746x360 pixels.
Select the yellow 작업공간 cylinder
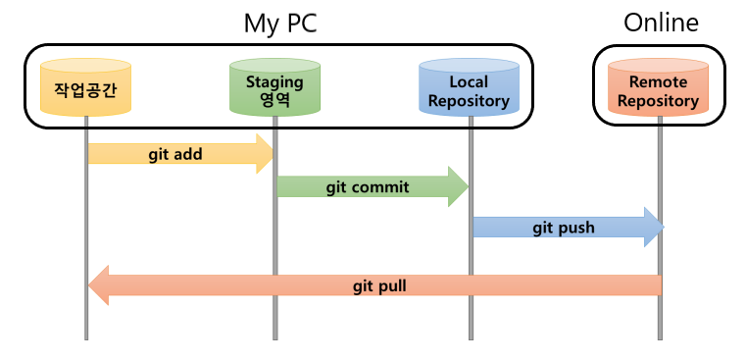(86, 90)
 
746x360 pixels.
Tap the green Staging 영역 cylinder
(274, 90)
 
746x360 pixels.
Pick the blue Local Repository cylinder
(469, 90)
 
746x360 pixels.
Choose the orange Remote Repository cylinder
(658, 90)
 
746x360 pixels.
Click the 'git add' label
(175, 154)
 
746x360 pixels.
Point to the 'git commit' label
(368, 186)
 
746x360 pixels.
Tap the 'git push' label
(563, 228)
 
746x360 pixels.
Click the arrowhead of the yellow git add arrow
(264, 154)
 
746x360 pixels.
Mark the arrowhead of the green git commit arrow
(458, 186)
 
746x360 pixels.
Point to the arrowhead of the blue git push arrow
(653, 228)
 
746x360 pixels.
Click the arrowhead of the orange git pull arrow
(98, 286)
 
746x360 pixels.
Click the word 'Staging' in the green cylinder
(274, 82)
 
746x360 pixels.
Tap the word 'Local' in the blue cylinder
(469, 82)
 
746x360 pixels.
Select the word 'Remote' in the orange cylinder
(658, 82)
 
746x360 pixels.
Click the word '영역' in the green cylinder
(274, 100)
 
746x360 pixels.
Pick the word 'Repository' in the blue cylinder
(469, 100)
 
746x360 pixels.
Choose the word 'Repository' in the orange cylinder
(658, 100)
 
